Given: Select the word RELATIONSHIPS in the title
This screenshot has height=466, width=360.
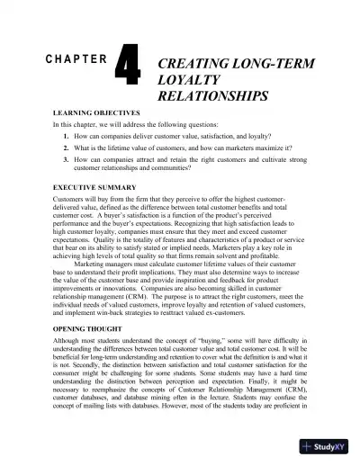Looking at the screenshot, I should click(213, 94).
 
